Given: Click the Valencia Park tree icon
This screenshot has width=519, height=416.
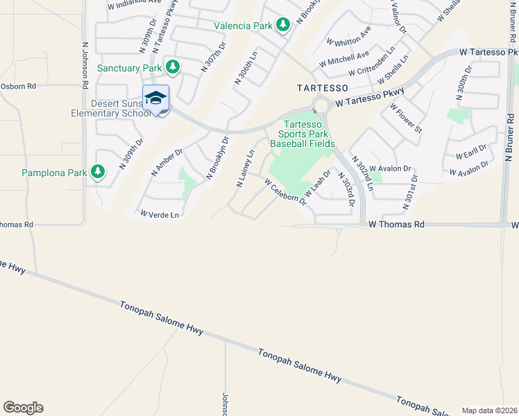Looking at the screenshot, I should click(283, 26).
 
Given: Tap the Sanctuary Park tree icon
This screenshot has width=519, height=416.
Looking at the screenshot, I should click(173, 68).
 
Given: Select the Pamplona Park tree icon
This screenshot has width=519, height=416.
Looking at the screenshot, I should click(98, 172).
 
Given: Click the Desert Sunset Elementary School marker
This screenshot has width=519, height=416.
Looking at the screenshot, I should click(156, 99).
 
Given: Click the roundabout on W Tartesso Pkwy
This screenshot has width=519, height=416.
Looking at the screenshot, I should click(321, 106).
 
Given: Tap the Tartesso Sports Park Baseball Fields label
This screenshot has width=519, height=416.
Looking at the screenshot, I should click(302, 134).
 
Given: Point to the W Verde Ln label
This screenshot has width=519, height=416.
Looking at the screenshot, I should click(160, 215).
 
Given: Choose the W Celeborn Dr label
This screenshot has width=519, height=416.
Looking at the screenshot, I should click(285, 191).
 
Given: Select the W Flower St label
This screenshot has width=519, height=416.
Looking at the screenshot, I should click(406, 118).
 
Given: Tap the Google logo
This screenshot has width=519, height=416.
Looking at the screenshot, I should click(23, 408).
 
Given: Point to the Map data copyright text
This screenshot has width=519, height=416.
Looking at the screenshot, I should click(489, 410).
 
